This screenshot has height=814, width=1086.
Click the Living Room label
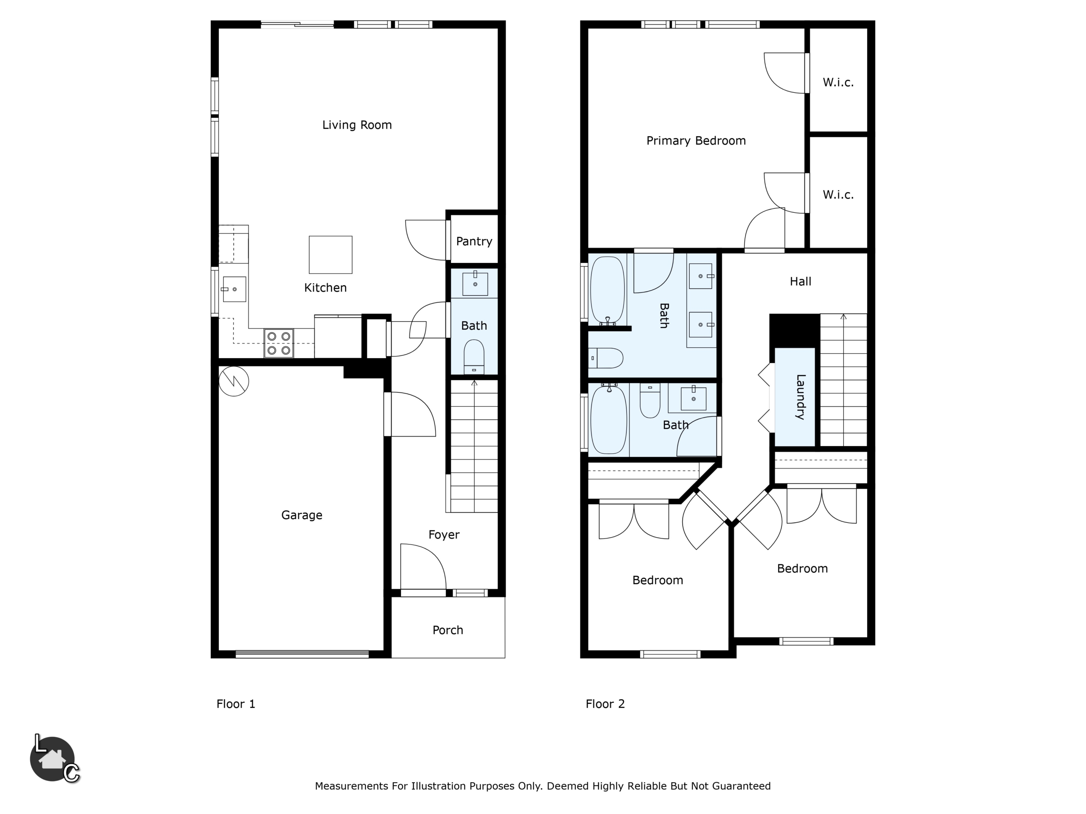[357, 125]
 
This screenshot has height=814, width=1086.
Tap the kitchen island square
[330, 255]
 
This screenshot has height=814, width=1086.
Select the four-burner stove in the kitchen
[279, 343]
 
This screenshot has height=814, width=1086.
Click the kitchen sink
[234, 289]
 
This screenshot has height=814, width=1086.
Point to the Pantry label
[474, 241]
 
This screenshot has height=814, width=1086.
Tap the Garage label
[302, 515]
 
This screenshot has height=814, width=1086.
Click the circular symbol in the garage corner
[234, 381]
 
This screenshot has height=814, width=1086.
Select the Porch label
[448, 630]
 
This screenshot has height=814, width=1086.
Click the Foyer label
[444, 535]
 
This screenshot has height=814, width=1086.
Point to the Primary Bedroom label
[696, 141]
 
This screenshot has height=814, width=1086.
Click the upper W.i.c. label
[838, 82]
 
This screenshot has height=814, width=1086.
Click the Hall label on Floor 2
[800, 282]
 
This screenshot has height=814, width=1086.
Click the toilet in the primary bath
[606, 358]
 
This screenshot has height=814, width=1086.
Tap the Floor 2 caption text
[605, 704]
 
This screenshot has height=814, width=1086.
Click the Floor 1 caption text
[236, 704]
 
